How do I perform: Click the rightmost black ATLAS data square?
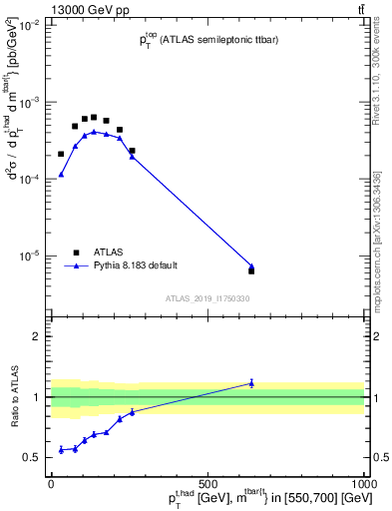[251, 270]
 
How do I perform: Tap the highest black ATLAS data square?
[94, 117]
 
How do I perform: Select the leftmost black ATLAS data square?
[61, 154]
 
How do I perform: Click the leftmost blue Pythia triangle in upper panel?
[61, 175]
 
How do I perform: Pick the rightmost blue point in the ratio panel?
[251, 382]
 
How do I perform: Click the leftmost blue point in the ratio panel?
[61, 450]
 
